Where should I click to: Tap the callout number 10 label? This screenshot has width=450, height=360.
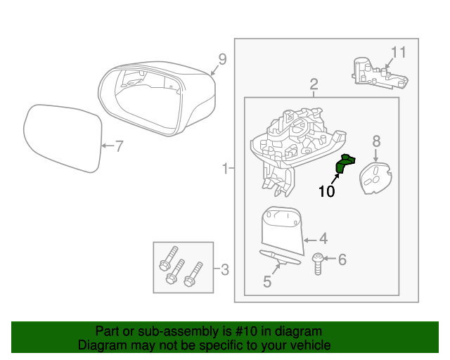tap(327, 191)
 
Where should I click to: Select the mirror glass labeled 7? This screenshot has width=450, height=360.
tap(63, 139)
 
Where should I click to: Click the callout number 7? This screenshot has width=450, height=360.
tap(119, 146)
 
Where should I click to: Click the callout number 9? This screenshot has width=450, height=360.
tap(222, 60)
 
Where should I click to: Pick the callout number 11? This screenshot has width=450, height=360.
tap(399, 52)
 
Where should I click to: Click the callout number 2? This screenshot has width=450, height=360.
tap(314, 84)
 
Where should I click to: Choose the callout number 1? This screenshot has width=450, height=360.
tap(225, 169)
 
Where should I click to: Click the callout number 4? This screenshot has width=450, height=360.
tap(323, 238)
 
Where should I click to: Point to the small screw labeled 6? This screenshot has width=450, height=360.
tap(318, 263)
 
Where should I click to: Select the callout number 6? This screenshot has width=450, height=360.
tap(342, 260)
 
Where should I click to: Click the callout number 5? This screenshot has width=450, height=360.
tap(267, 282)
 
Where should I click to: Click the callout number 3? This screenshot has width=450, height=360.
tap(224, 269)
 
